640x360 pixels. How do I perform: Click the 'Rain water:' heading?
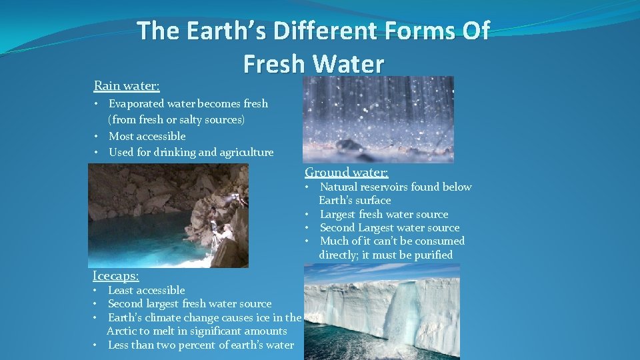127,85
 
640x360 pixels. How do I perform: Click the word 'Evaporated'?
142,103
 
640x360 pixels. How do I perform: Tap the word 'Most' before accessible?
121,136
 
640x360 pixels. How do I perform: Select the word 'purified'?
431,255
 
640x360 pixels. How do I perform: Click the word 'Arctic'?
123,331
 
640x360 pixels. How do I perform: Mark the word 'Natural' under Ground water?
340,187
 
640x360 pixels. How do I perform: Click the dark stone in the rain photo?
350,145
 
